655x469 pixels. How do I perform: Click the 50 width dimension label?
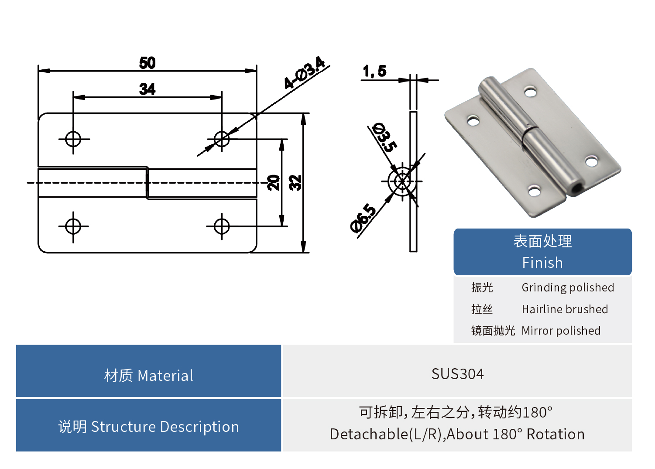pos(147,63)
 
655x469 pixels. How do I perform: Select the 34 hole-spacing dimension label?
pos(147,89)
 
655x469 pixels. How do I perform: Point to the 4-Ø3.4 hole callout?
pos(304,73)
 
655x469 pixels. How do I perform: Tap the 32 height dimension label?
pos(295,182)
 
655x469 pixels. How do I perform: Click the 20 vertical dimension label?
pos(274,182)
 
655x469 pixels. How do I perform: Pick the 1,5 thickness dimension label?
pos(374,71)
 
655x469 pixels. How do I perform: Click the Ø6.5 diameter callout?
pos(363,218)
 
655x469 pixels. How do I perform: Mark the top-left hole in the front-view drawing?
pos(73,139)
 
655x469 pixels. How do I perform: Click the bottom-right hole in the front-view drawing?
pos(222,226)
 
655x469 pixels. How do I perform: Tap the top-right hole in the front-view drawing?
pos(222,139)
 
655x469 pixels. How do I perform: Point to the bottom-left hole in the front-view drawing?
pos(73,226)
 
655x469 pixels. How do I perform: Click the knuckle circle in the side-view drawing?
pos(402,181)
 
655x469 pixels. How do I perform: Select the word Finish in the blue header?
pos(542,263)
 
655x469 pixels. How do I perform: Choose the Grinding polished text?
pos(568,288)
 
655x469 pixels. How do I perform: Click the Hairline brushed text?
pos(565,309)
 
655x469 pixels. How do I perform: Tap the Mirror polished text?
pos(561,331)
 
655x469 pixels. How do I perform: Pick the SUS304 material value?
pos(457,374)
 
